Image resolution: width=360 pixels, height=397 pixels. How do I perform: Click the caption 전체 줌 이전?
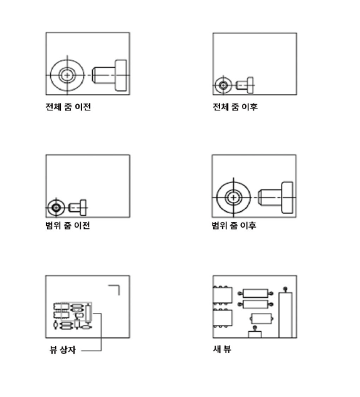coord(68,107)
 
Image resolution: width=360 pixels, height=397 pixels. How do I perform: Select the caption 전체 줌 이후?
coord(235,107)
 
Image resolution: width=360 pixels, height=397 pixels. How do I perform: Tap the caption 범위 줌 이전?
coord(68,225)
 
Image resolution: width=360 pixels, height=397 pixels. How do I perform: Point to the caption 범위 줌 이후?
coord(234,225)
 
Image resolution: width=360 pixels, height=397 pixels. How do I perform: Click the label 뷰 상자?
coord(63,350)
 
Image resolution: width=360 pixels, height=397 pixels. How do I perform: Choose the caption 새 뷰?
coord(222,349)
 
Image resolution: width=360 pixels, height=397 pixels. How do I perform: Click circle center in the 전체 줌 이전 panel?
coord(67,75)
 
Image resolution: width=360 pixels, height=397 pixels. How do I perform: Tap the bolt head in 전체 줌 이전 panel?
coord(121,75)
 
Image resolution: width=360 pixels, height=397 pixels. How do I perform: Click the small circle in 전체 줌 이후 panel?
coord(223,85)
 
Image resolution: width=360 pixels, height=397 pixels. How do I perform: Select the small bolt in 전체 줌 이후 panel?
coord(245,85)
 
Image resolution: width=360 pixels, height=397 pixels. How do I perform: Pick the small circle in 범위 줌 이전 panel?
coord(56,208)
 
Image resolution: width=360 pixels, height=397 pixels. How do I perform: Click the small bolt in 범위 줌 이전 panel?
coord(78,208)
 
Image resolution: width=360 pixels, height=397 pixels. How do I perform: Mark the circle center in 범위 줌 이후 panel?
coord(233,197)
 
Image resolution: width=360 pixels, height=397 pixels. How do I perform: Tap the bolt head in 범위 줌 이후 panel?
coord(287,198)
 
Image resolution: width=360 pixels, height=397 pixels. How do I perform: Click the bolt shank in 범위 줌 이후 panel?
coord(270,198)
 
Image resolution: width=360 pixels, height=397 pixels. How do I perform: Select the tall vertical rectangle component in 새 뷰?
coord(285,315)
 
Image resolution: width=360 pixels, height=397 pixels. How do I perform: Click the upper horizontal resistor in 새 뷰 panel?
coord(255,294)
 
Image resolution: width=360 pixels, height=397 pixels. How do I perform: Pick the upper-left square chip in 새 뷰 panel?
coord(223,295)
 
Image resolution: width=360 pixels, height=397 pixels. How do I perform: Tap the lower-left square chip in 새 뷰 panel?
coord(223,318)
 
